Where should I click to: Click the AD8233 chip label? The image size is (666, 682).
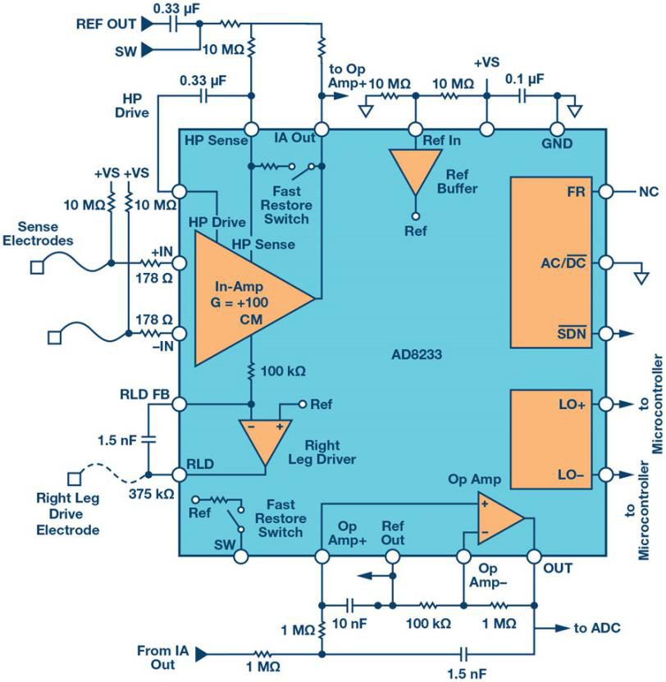tap(417, 354)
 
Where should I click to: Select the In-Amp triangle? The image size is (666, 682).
tap(244, 298)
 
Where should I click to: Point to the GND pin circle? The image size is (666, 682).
tap(557, 130)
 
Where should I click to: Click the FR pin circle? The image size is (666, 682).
tap(606, 191)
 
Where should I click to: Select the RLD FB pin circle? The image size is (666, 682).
tap(180, 404)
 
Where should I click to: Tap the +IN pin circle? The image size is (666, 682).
tap(180, 263)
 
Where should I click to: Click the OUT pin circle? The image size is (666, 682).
tap(534, 557)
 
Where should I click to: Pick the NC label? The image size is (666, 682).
tap(649, 192)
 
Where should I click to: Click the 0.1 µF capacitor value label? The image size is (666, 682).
tap(524, 80)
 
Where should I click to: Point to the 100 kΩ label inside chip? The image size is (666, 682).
tap(283, 371)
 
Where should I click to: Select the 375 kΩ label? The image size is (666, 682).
tap(151, 493)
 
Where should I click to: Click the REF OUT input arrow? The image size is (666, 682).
tap(148, 24)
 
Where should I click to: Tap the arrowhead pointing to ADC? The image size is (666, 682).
tap(563, 628)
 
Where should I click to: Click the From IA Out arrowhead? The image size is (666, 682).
tap(201, 654)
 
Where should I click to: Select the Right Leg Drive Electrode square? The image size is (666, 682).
tap(75, 479)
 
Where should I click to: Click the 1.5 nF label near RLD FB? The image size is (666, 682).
tap(116, 440)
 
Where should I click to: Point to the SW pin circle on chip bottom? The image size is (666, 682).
tap(240, 557)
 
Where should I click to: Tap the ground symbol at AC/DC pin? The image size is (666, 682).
tap(641, 278)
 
